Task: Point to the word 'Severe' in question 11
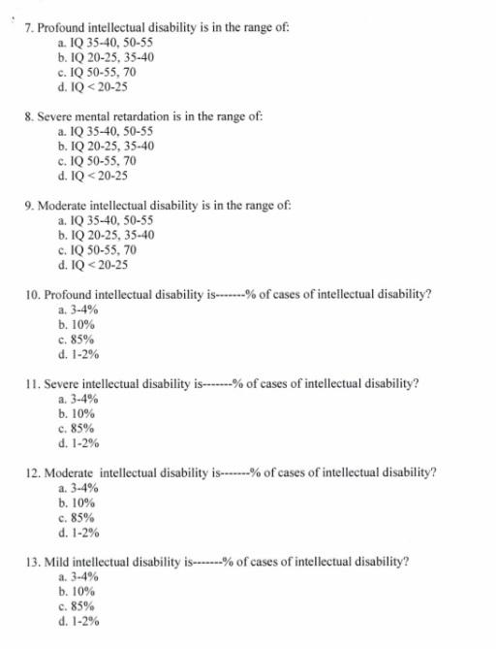click(x=55, y=383)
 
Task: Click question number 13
click(x=29, y=562)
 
